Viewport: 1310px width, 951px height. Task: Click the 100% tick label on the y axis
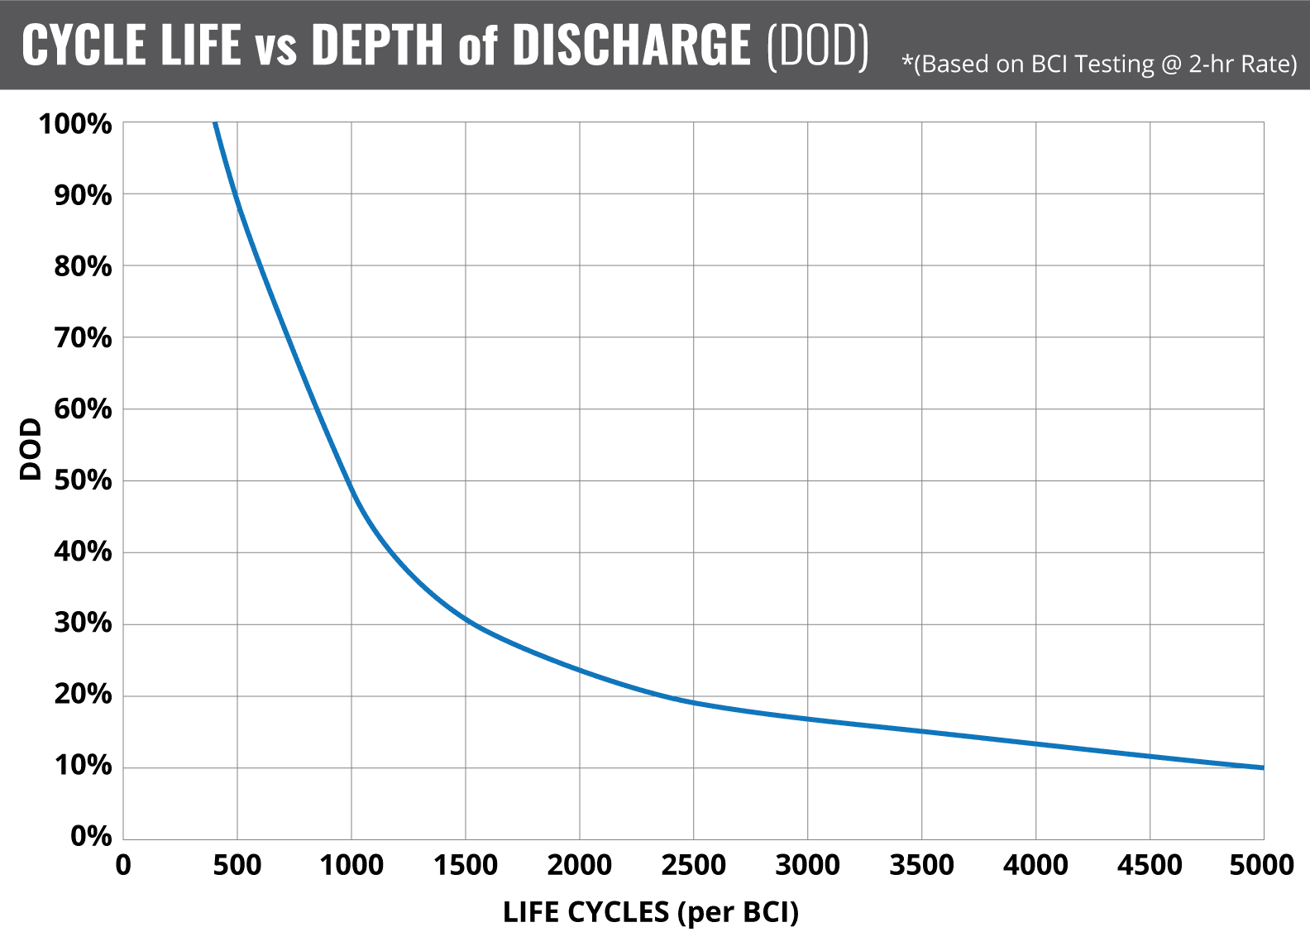pyautogui.click(x=75, y=124)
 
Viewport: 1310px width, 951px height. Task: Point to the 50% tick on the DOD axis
pyautogui.click(x=83, y=480)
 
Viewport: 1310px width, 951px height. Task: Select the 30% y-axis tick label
pyautogui.click(x=83, y=623)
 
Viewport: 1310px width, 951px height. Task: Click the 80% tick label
pyautogui.click(x=83, y=266)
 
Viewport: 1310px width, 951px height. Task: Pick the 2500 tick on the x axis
pyautogui.click(x=693, y=866)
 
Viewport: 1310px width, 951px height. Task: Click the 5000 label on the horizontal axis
pyautogui.click(x=1261, y=866)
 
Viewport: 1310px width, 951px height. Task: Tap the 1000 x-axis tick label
pyautogui.click(x=351, y=866)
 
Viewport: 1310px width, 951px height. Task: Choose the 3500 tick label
pyautogui.click(x=921, y=866)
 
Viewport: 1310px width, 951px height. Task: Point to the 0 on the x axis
pyautogui.click(x=123, y=866)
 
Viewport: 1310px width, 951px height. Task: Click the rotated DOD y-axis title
pyautogui.click(x=31, y=449)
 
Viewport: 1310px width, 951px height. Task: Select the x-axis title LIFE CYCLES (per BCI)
pyautogui.click(x=651, y=911)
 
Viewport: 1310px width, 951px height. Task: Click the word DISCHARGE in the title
pyautogui.click(x=631, y=45)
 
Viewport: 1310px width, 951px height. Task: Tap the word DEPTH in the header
pyautogui.click(x=377, y=45)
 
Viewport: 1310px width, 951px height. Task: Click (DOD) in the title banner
pyautogui.click(x=818, y=45)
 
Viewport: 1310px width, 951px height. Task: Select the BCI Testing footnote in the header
pyautogui.click(x=1099, y=65)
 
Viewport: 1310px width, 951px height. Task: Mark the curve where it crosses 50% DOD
pyautogui.click(x=348, y=480)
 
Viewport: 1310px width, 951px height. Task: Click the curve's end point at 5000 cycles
pyautogui.click(x=1262, y=767)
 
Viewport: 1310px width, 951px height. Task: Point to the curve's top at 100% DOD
pyautogui.click(x=215, y=124)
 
